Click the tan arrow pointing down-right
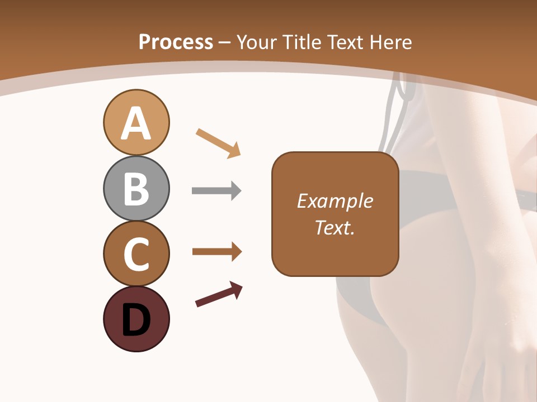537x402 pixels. point(218,143)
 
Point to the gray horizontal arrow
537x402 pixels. point(216,191)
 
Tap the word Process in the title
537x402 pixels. point(176,42)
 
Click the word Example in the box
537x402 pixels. point(335,201)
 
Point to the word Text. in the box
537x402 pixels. point(335,227)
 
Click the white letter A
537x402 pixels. point(136,123)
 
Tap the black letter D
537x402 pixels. point(136,320)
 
